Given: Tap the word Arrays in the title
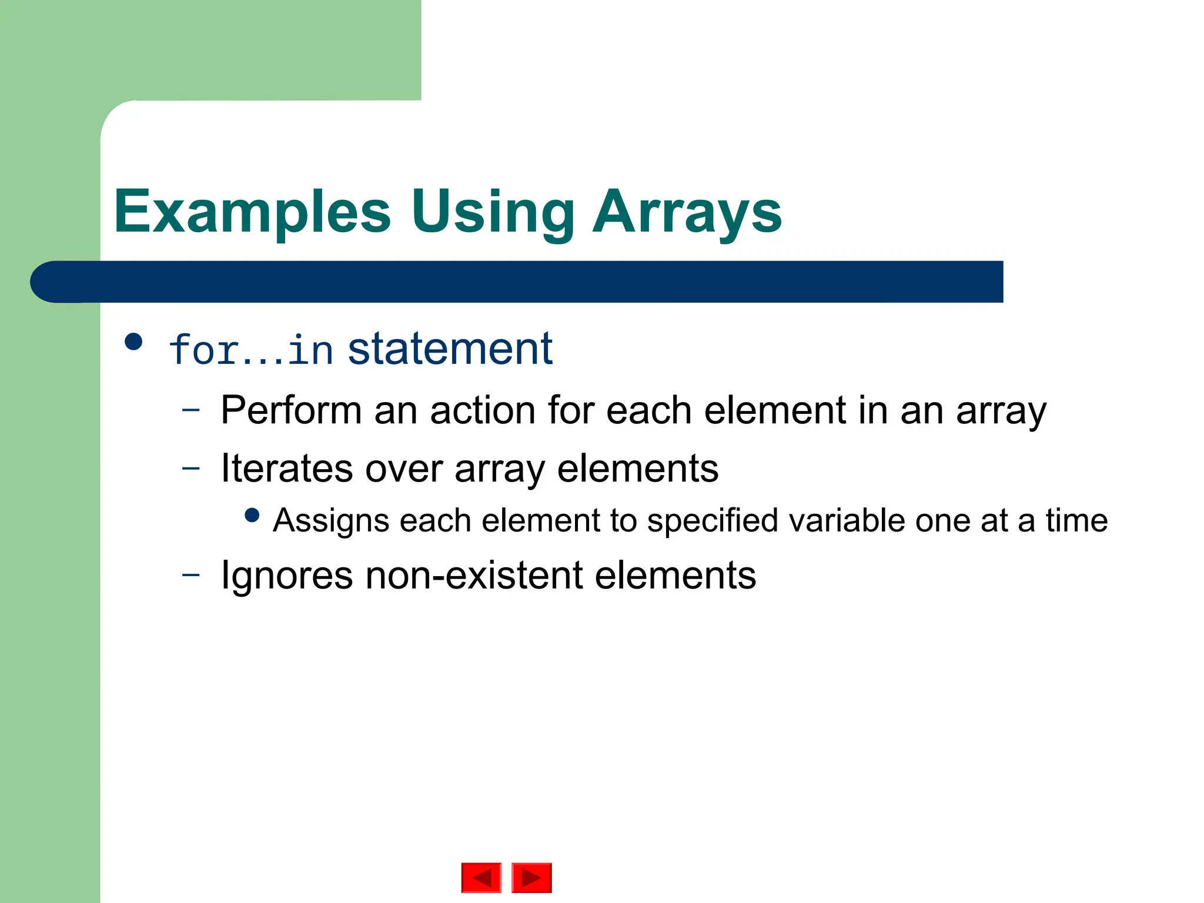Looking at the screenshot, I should tap(687, 213).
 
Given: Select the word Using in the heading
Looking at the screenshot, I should tap(493, 213).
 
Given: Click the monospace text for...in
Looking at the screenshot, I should tap(251, 350).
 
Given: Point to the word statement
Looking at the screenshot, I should tap(450, 349).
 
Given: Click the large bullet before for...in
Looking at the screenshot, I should tap(134, 342).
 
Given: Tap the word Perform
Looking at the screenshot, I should tap(291, 410).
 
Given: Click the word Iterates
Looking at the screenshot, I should tap(287, 469).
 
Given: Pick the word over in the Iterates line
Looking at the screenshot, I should tap(403, 469).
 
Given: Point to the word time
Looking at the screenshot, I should tap(1076, 521).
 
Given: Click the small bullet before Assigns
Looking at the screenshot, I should tap(252, 516).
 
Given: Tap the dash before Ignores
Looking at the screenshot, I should tap(190, 574).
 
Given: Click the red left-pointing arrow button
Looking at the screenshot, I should tap(481, 878).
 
